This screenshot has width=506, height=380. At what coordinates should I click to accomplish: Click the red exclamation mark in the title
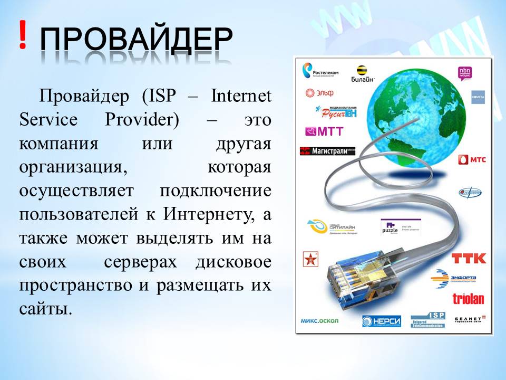tap(22, 35)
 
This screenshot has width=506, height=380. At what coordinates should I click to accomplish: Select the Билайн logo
tap(362, 74)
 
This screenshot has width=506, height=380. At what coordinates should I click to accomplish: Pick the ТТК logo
tap(469, 259)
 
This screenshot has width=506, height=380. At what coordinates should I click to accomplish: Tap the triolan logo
tap(468, 299)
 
